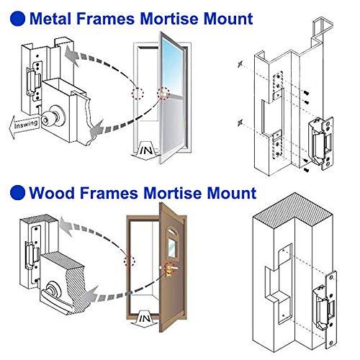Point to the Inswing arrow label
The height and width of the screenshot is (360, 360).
click(23, 123)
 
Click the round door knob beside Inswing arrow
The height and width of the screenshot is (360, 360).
click(50, 117)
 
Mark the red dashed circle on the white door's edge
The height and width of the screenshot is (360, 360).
click(163, 94)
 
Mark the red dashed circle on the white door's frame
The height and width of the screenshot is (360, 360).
click(138, 94)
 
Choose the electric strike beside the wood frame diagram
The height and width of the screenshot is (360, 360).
click(323, 302)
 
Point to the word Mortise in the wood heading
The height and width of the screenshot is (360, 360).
click(174, 193)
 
